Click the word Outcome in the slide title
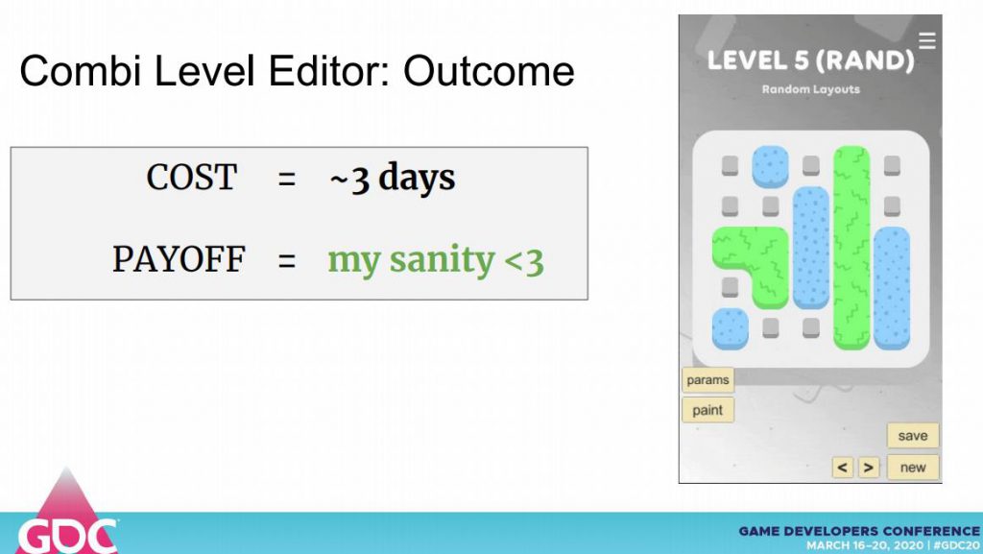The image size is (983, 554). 489,71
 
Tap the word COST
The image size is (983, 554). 192,178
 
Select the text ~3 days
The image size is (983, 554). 393,178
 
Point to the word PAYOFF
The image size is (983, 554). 179,259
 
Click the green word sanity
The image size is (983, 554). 442,261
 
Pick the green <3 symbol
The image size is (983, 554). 523,261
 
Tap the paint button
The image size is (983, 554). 707,410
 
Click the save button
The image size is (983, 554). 913,436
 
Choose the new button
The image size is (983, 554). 913,467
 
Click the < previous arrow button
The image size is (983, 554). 843,468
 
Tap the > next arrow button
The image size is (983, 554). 868,468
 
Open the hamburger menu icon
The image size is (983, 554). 927,40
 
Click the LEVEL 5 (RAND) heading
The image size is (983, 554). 810,60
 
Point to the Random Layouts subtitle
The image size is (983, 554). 810,89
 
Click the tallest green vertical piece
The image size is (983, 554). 851,248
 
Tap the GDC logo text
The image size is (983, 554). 67,537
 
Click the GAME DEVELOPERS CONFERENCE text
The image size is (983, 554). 859,532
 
